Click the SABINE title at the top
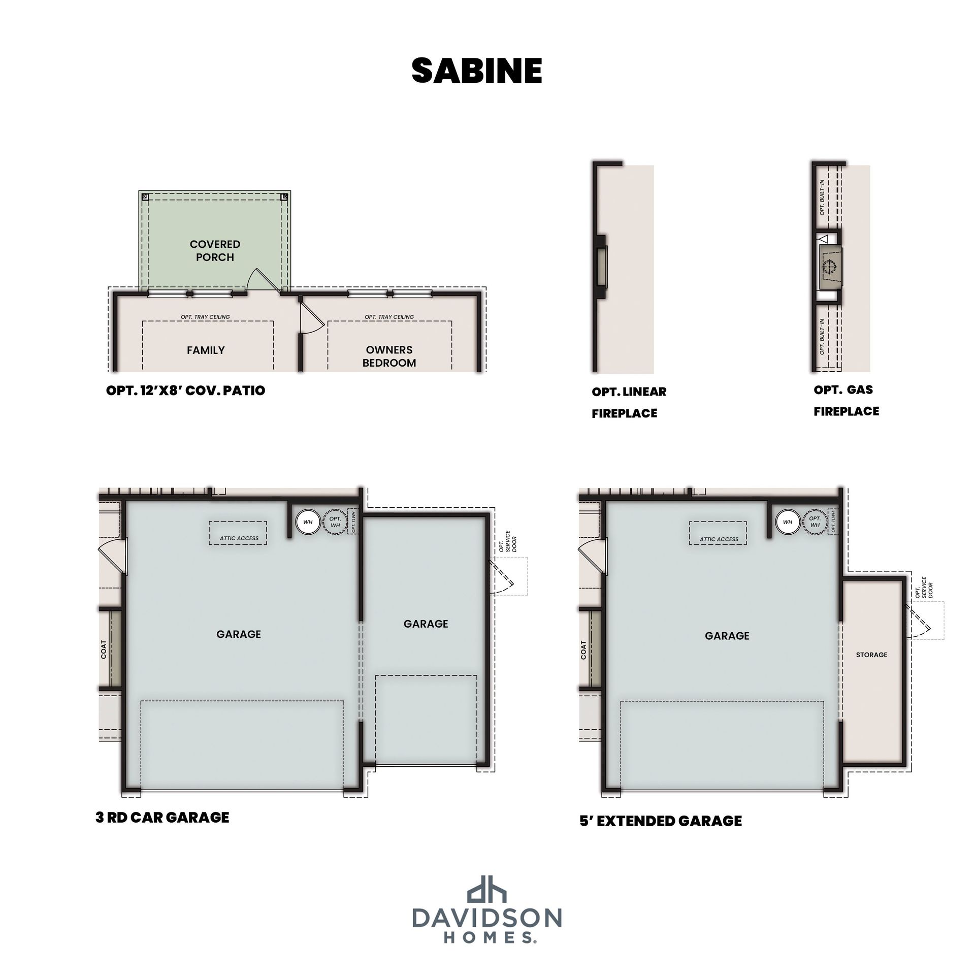click(477, 71)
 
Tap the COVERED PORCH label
click(215, 251)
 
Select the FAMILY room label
click(206, 350)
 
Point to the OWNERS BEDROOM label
click(389, 356)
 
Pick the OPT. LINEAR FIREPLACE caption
click(629, 402)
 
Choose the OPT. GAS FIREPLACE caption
click(846, 400)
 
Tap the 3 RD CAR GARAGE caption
click(162, 817)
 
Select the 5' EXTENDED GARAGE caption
click(661, 821)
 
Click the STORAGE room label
click(871, 655)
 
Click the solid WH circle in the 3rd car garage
click(308, 522)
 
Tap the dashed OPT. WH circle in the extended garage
click(815, 522)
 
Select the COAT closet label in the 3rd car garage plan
click(104, 649)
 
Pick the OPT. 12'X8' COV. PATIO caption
click(185, 391)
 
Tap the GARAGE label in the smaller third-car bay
click(426, 624)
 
